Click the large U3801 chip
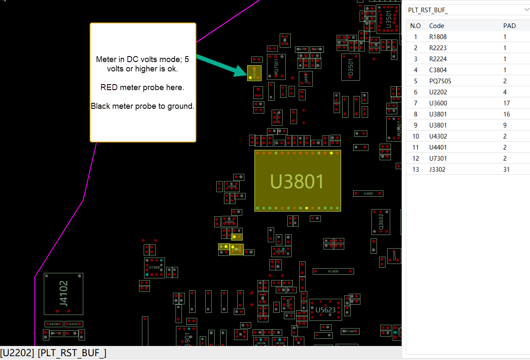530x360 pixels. [x=298, y=181]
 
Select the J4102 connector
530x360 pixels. [x=63, y=294]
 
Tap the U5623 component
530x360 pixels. [x=326, y=310]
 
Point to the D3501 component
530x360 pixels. [x=351, y=67]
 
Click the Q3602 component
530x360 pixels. [x=381, y=221]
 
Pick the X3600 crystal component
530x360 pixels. [x=368, y=194]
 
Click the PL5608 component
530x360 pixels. [x=333, y=271]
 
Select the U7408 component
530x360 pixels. [x=154, y=268]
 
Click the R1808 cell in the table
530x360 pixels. [x=438, y=37]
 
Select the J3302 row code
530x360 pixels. [x=437, y=170]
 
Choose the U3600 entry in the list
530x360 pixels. [x=438, y=103]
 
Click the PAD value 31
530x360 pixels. [x=507, y=170]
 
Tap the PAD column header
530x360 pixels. [x=509, y=26]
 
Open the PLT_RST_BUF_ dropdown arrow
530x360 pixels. [x=527, y=10]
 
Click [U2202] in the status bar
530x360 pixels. [x=17, y=353]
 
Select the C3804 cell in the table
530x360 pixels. [x=438, y=70]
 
